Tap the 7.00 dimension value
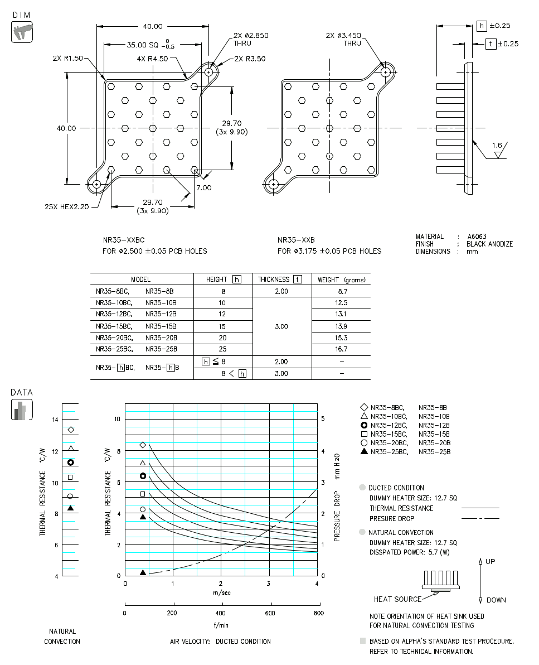203,187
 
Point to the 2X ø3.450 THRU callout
343,39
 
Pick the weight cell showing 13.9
341,326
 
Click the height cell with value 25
222,349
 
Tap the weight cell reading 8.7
341,291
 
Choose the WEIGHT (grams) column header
341,279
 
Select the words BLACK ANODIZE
489,244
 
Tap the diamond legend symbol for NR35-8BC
365,408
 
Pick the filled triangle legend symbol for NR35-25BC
365,451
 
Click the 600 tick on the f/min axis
271,613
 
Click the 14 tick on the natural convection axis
55,420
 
